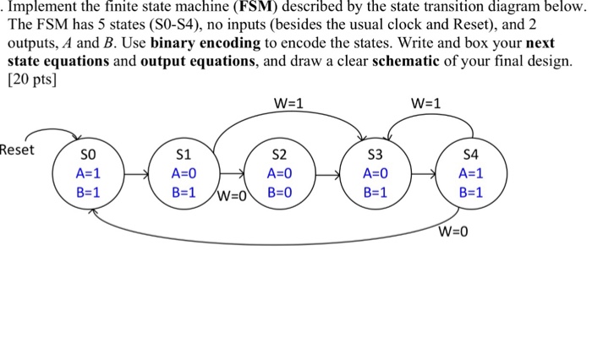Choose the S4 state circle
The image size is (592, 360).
470,175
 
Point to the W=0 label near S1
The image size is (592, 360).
232,199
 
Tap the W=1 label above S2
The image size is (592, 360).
289,105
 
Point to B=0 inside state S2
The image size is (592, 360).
280,192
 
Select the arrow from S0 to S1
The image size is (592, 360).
135,176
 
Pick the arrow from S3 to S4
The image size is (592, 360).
424,176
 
